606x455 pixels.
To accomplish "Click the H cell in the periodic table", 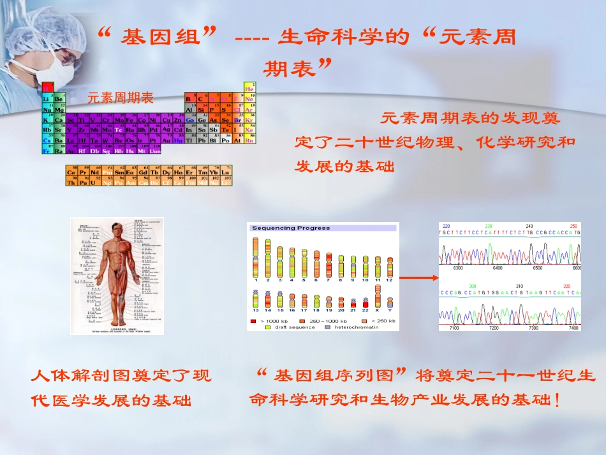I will point(46,88).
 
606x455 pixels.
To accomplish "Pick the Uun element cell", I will point(155,150).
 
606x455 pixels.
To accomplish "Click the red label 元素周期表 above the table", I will point(121,98).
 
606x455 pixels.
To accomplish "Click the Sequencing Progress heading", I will point(291,228).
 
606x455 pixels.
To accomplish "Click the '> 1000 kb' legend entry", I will point(275,320).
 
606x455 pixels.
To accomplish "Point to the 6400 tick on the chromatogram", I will point(498,268).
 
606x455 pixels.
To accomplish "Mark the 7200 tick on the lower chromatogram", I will point(493,327).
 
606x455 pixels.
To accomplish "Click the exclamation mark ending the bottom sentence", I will point(558,401).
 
